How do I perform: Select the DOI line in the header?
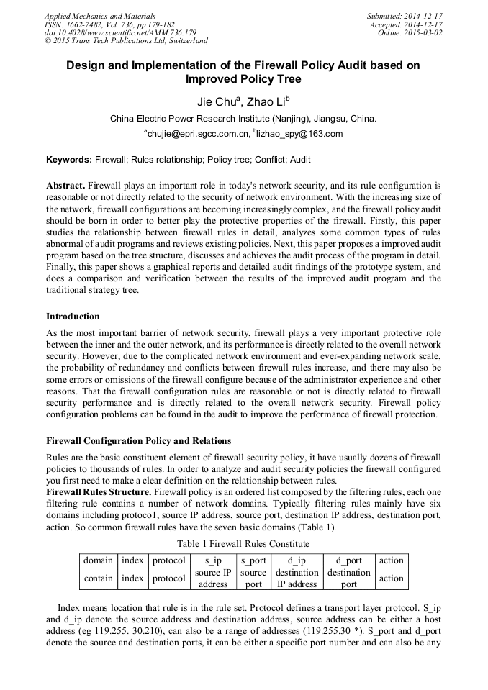click(120, 32)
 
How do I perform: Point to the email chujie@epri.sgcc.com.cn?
click(197, 133)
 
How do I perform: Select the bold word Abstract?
click(67, 185)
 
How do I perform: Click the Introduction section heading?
click(73, 316)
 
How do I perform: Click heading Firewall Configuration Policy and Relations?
click(139, 440)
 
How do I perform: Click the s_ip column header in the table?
click(213, 560)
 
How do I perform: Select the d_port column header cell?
click(348, 560)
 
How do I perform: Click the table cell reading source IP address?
click(213, 578)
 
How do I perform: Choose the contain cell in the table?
click(99, 578)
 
